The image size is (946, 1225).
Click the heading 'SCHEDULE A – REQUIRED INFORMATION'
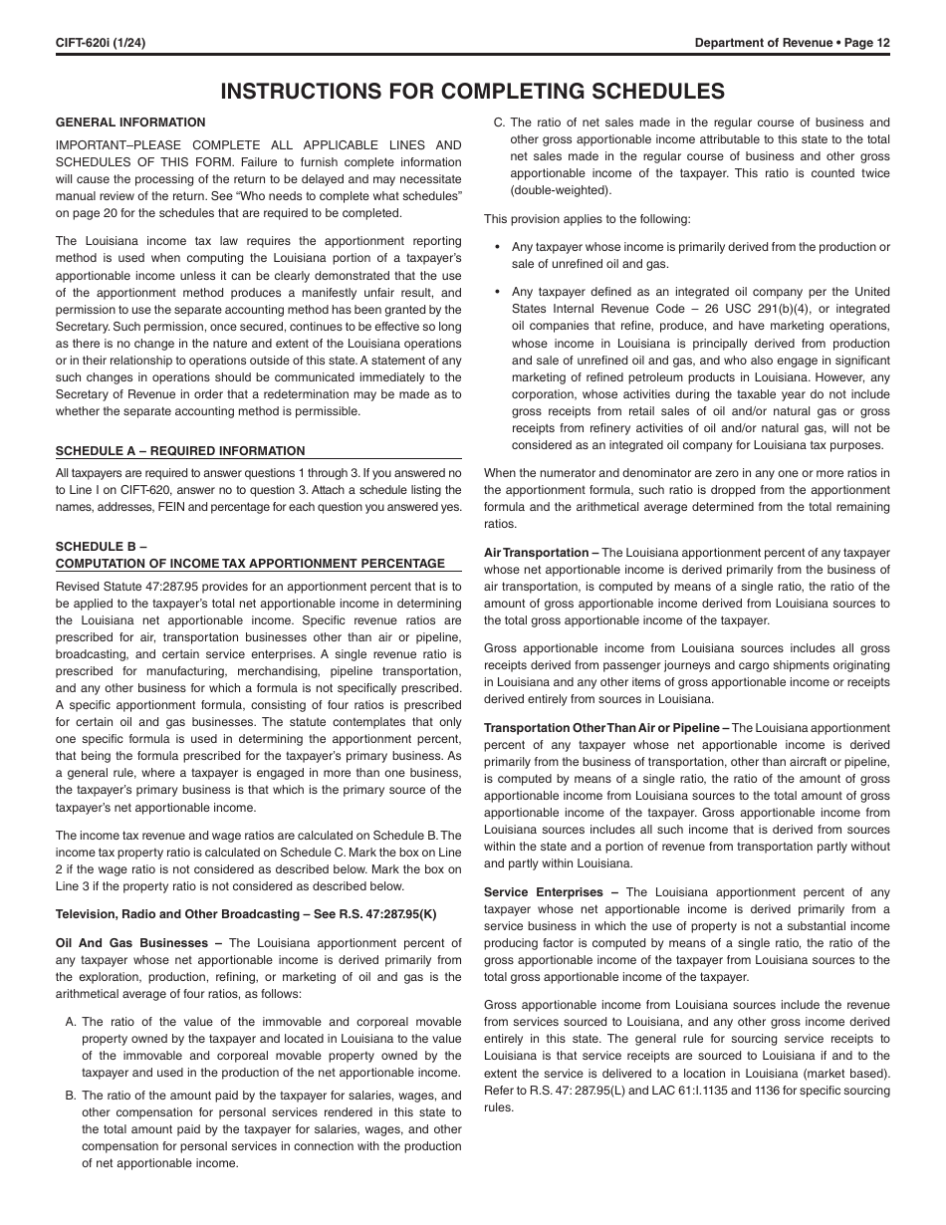click(180, 451)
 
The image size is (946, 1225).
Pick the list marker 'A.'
click(71, 1022)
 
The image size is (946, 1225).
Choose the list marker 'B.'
click(71, 1096)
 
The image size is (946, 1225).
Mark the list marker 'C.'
click(500, 122)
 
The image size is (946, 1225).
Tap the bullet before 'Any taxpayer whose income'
click(497, 247)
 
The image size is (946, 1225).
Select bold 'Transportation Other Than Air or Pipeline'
click(601, 728)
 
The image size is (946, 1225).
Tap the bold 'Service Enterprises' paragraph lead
click(544, 892)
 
